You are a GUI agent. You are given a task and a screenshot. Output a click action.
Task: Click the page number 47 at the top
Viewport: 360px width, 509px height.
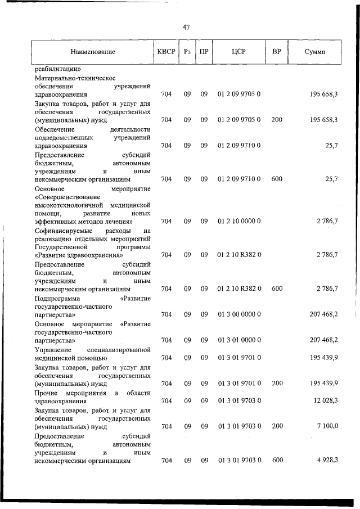tap(186, 26)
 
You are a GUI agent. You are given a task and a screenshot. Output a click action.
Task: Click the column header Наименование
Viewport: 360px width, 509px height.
tap(93, 52)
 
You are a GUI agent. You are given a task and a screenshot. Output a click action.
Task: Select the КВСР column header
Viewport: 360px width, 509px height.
tap(166, 52)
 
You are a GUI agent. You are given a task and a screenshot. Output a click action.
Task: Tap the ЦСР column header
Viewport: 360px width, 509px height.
tap(238, 52)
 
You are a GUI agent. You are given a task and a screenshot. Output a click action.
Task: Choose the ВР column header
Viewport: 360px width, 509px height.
tap(276, 52)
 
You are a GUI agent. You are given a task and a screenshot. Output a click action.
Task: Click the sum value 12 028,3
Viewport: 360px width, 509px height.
tap(323, 401)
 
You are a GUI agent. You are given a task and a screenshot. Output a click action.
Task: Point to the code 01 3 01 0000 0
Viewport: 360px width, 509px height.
tap(238, 340)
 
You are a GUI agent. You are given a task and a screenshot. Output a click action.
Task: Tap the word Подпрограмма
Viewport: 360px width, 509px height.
tap(57, 298)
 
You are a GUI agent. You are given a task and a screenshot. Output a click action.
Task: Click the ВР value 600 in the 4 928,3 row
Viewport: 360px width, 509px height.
tap(277, 461)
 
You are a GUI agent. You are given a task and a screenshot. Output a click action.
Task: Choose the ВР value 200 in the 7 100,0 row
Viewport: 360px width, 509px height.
tap(277, 426)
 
